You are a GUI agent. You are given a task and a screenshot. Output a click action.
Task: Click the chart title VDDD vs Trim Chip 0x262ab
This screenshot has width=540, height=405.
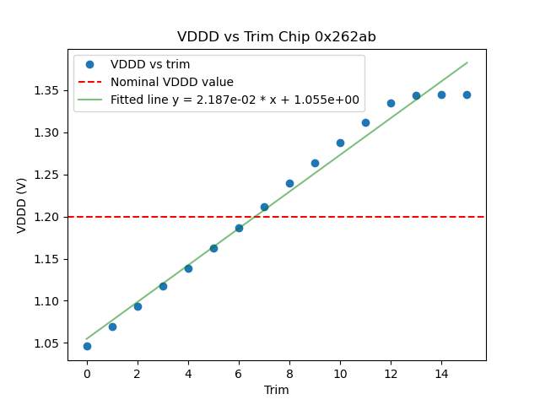277,37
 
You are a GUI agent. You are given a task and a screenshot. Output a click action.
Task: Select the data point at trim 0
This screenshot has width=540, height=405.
87,346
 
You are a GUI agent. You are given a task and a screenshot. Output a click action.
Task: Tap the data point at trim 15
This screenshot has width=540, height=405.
467,94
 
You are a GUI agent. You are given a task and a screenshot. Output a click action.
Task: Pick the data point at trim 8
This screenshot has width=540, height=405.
289,183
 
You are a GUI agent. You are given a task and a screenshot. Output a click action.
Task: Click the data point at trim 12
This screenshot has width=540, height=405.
391,103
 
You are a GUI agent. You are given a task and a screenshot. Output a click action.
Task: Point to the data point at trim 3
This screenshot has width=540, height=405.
163,286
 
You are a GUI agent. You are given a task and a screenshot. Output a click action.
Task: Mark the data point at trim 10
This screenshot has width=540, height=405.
340,143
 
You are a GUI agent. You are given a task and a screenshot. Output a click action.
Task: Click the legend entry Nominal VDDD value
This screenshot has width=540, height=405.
172,82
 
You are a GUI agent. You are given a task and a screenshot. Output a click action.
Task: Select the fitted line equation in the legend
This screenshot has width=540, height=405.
235,100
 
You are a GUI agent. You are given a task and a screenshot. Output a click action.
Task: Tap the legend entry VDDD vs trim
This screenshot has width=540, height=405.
150,65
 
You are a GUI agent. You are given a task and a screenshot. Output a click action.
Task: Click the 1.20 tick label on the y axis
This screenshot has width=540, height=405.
46,217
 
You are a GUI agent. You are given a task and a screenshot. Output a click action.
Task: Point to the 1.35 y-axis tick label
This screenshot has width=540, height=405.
46,90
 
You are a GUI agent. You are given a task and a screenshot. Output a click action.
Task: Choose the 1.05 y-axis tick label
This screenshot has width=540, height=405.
46,343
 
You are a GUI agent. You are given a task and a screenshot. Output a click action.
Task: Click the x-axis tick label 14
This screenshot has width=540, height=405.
441,374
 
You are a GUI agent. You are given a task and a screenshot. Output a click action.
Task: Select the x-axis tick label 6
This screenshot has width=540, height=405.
239,374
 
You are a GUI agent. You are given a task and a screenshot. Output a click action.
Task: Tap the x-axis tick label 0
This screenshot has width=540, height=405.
87,374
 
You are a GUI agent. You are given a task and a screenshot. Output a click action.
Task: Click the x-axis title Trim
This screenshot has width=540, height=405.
277,390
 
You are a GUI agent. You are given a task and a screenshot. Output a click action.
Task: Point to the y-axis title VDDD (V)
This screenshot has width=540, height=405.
22,204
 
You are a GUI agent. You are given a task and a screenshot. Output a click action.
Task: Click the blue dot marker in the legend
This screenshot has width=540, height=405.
90,65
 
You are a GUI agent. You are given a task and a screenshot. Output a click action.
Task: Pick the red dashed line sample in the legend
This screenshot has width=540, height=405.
90,82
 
